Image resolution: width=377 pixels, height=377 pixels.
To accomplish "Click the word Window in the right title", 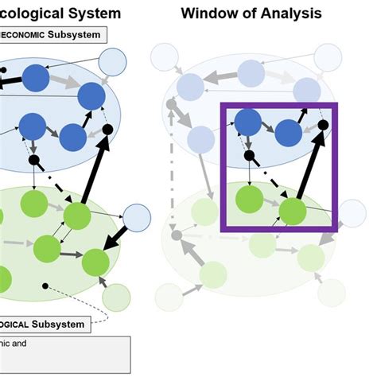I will (207, 13).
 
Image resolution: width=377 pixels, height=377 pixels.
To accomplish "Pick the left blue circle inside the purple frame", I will (248, 122).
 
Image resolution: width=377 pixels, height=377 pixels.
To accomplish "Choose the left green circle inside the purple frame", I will (250, 197).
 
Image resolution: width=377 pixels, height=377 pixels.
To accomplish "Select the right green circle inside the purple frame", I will (293, 212).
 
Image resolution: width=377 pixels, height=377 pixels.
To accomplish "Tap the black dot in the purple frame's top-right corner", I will (322, 124).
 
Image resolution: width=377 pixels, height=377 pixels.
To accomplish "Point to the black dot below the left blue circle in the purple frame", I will (249, 155).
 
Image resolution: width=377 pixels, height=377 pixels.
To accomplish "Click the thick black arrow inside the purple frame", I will (309, 167).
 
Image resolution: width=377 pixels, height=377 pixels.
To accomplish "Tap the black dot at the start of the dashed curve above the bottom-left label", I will (46, 285).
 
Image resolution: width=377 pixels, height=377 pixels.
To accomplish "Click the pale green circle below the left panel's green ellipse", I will (117, 296).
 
